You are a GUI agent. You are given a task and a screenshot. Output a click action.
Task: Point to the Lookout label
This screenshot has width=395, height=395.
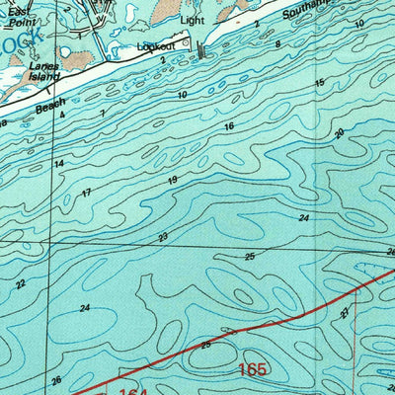pos(156,45)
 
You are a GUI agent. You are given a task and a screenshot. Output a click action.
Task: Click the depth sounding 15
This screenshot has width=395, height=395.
pos(319,83)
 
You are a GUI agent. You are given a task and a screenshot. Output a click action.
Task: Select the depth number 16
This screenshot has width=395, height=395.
pos(229,126)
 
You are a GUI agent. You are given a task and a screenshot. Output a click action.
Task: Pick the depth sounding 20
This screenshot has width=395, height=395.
pos(339,133)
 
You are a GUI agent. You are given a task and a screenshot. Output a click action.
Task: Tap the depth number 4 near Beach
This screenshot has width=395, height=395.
pos(61,117)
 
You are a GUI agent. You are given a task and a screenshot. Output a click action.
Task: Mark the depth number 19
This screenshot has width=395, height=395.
pos(173,180)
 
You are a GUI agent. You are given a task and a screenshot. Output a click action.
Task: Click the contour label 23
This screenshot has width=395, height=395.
pos(162,236)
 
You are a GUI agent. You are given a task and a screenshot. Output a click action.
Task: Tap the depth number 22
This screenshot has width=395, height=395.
pos(22,283)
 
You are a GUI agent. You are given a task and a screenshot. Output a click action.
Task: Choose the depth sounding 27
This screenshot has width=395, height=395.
pos(345,311)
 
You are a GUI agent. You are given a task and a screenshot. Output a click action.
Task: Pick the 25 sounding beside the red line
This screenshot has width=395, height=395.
pos(205,345)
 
